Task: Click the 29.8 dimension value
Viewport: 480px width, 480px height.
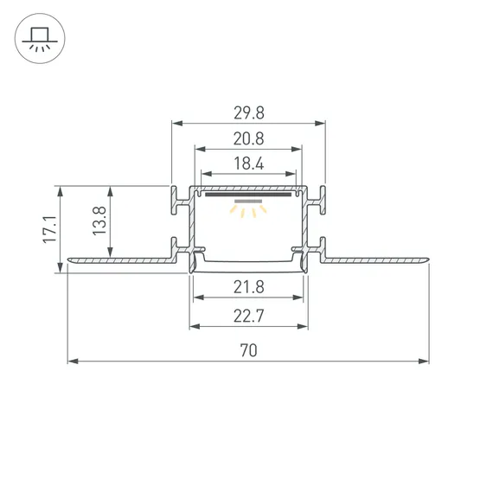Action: pos(247,112)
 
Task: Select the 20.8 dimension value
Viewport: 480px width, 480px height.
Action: pos(247,138)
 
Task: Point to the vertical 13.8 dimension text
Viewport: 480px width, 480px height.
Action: pos(99,221)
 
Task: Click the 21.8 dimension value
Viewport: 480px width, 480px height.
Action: pos(248,287)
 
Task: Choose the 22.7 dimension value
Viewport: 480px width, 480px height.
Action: pos(248,316)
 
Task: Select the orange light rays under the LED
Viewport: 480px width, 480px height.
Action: pos(248,211)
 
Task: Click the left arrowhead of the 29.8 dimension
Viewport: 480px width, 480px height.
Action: pos(176,122)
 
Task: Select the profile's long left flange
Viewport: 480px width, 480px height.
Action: pos(121,259)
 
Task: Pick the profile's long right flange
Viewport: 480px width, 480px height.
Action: pos(376,259)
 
